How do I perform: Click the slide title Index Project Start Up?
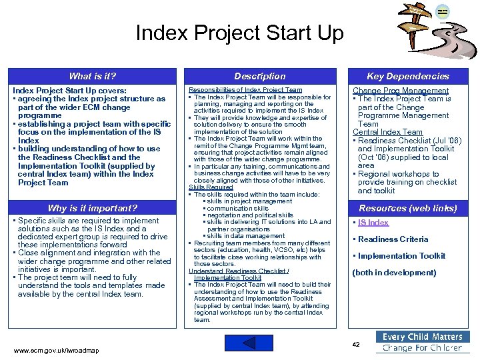pyautogui.click(x=239, y=33)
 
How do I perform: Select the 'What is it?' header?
pyautogui.click(x=92, y=76)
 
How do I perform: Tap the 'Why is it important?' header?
pyautogui.click(x=92, y=208)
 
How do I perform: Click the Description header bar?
pyautogui.click(x=260, y=76)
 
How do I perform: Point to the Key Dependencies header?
pyautogui.click(x=408, y=76)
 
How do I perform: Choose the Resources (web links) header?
pyautogui.click(x=408, y=208)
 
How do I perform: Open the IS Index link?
pyautogui.click(x=373, y=223)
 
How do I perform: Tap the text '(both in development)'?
pyautogui.click(x=394, y=273)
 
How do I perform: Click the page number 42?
pyautogui.click(x=356, y=344)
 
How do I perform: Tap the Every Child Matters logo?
pyautogui.click(x=422, y=342)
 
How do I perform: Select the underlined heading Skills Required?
pyautogui.click(x=211, y=187)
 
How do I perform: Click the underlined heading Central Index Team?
pyautogui.click(x=387, y=132)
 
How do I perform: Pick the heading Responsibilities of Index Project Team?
pyautogui.click(x=245, y=89)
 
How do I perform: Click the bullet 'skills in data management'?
pyautogui.click(x=236, y=236)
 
